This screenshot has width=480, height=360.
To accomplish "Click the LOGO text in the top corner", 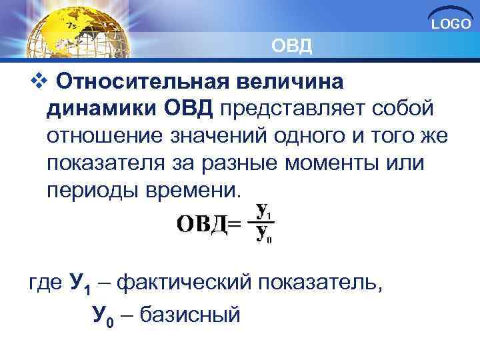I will point(451,25).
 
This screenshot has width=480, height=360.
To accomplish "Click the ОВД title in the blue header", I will point(291,47).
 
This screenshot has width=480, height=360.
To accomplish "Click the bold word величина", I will point(287,83).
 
